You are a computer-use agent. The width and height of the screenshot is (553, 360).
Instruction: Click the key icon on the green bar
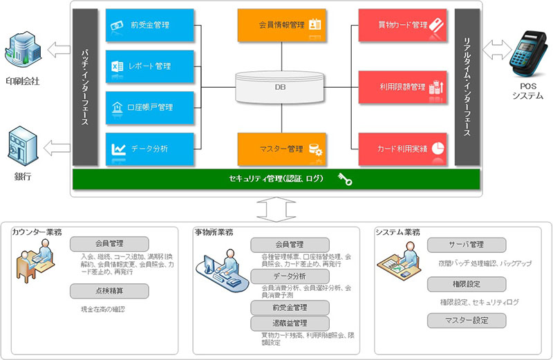click(346, 180)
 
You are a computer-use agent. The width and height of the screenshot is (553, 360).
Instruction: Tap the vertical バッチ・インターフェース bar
click(84, 88)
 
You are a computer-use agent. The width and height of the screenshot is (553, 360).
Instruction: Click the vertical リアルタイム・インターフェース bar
click(467, 88)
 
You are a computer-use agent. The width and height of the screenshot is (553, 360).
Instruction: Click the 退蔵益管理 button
click(290, 323)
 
